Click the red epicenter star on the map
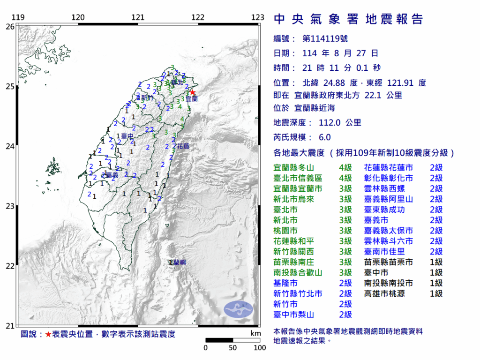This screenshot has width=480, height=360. pyautogui.click(x=192, y=92)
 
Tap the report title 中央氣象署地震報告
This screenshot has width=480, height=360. pyautogui.click(x=348, y=19)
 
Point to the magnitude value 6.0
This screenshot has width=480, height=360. pyautogui.click(x=324, y=137)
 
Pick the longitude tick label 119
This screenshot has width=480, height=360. pyautogui.click(x=18, y=18)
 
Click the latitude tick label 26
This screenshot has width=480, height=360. pyautogui.click(x=9, y=27)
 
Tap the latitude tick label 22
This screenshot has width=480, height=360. pyautogui.click(x=9, y=266)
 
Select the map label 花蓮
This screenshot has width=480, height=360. pyautogui.click(x=183, y=147)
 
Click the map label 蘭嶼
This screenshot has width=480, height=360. pyautogui.click(x=180, y=262)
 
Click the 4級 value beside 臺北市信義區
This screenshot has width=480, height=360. pyautogui.click(x=345, y=178)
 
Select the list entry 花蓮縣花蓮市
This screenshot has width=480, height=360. pyautogui.click(x=389, y=168)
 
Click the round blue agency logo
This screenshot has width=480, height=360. pyautogui.click(x=238, y=308)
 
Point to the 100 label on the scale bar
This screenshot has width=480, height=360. pyautogui.click(x=260, y=348)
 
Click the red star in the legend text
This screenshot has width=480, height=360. pyautogui.click(x=48, y=334)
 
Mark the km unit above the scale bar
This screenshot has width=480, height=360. pyautogui.click(x=255, y=333)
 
